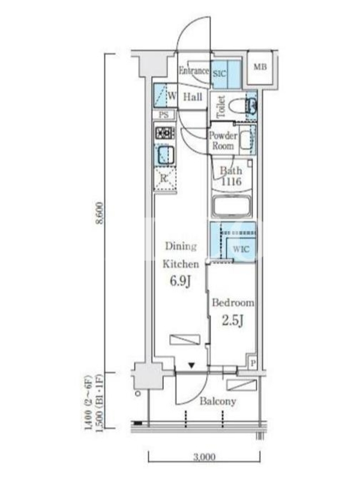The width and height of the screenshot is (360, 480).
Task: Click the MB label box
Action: coord(260,67)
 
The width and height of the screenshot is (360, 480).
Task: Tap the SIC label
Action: coord(219,73)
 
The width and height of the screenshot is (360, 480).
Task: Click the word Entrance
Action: coord(194,71)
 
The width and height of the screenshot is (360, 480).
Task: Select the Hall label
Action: coord(193,97)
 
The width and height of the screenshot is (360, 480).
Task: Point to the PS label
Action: coord(164,115)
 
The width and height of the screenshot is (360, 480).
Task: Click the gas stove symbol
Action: coord(164,133)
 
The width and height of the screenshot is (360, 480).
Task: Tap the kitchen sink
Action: coord(166,155)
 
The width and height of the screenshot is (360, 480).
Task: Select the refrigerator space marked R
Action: coord(164,178)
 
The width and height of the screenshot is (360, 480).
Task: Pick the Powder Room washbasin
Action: coord(246,140)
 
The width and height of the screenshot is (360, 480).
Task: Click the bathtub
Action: coord(232,207)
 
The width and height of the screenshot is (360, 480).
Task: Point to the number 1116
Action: coord(232,182)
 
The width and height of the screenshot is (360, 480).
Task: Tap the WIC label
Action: coord(241,249)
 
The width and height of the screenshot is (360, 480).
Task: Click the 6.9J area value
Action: coord(181,281)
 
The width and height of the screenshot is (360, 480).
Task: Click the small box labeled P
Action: coord(253,364)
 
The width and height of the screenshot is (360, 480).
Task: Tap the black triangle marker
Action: coord(191,365)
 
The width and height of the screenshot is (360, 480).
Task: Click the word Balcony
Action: coord(218,401)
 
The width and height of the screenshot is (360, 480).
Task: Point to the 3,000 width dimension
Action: coord(204,457)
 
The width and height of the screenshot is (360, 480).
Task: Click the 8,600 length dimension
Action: coord(100,213)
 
